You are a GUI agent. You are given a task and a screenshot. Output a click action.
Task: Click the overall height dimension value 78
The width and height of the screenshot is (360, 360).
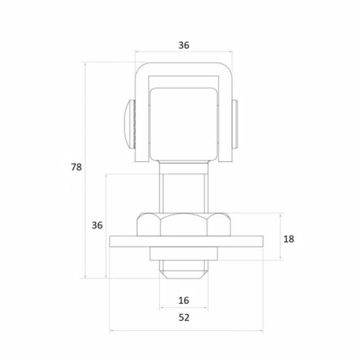point(77,167)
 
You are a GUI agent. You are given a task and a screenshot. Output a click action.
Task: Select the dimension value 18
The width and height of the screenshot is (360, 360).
point(289,238)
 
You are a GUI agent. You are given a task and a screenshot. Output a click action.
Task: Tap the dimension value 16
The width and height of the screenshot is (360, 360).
point(184,300)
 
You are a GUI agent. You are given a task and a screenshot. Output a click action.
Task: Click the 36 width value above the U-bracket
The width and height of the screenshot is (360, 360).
point(184,46)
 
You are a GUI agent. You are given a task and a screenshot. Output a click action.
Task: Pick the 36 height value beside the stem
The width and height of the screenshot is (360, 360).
point(97,225)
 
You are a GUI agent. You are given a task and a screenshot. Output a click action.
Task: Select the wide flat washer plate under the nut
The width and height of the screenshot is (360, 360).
point(187,241)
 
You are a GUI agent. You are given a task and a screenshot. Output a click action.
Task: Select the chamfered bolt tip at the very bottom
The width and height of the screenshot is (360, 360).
point(184,270)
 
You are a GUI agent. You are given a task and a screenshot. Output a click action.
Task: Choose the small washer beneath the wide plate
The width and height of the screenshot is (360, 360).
point(184,253)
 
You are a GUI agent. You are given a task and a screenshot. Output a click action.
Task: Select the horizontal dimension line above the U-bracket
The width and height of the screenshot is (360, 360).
point(160,52)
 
